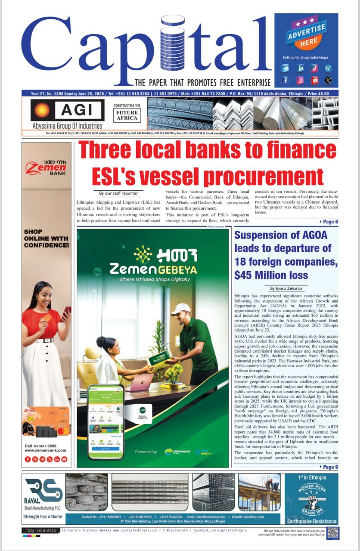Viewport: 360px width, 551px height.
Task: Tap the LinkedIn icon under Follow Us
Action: click(300, 68)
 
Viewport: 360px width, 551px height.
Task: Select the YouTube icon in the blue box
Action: click(315, 80)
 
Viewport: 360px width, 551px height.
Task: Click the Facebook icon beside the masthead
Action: click(286, 80)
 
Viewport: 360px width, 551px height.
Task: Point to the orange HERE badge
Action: click(309, 41)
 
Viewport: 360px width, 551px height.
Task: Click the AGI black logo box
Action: click(67, 111)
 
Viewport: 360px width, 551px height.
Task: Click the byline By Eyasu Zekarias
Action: click(286, 288)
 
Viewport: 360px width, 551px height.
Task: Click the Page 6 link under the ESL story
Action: click(329, 222)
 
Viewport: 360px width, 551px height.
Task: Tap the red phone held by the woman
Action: click(66, 313)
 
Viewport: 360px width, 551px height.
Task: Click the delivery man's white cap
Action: click(180, 309)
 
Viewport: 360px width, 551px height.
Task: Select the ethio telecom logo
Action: click(177, 452)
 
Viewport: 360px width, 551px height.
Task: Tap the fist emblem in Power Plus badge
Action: click(311, 502)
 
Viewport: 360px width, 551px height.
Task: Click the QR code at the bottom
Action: click(333, 533)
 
